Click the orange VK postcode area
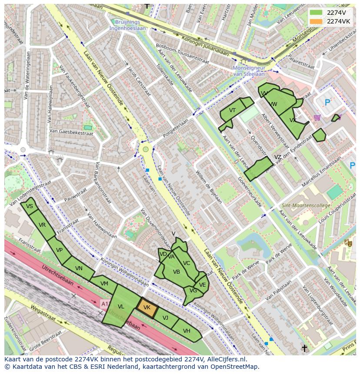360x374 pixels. [147, 308]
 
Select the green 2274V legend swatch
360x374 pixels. [316, 13]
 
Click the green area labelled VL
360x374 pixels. [121, 307]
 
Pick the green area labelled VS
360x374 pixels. [30, 206]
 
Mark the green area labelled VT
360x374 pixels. [232, 111]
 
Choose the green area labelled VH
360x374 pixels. [187, 331]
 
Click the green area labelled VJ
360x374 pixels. [166, 318]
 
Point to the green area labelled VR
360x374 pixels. [42, 225]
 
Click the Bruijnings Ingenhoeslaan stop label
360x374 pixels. [128, 25]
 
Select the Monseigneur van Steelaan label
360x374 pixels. [249, 71]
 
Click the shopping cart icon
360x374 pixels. [317, 117]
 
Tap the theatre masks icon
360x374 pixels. [347, 243]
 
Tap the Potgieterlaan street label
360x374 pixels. [177, 127]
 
